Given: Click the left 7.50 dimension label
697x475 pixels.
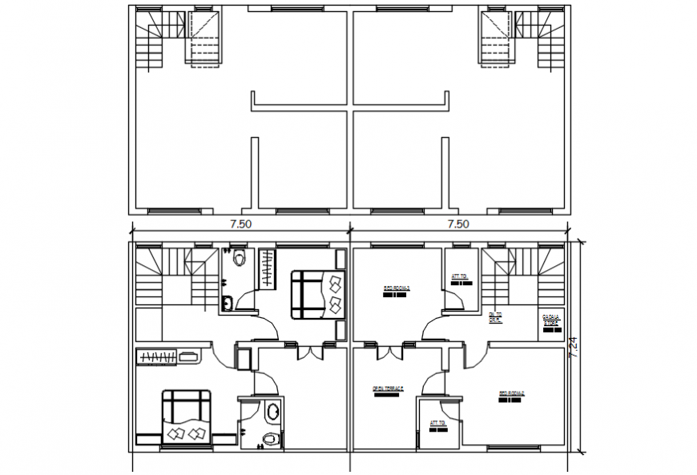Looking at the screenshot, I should pos(240,224).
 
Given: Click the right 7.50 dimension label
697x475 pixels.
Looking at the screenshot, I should pos(458,224).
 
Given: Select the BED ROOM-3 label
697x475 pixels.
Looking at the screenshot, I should pos(397,289).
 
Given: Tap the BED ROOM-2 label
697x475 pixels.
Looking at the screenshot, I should pos(514,395).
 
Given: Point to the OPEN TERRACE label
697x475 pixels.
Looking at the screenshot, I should pos(387,390).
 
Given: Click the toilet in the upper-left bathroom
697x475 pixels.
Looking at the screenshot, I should pos(238,260).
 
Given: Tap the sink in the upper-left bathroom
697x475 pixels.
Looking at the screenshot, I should pos(227,302).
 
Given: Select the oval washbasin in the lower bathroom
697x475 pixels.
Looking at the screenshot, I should pos(272,412).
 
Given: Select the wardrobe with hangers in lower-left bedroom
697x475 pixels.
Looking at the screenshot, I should pos(166,356).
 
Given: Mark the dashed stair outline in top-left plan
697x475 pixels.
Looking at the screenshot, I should pos(203,36).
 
